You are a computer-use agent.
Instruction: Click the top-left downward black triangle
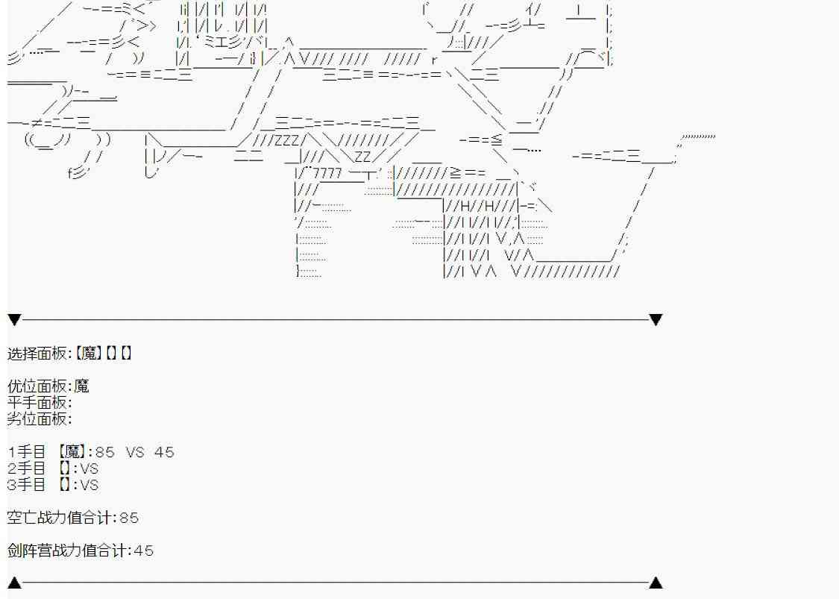(x=14, y=319)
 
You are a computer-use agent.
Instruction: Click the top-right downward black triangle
(x=656, y=319)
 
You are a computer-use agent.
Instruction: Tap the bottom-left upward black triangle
(x=14, y=583)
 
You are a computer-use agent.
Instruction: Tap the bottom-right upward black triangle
(x=656, y=583)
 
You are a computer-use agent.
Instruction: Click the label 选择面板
(x=37, y=354)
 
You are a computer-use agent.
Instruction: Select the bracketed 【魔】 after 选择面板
(x=88, y=354)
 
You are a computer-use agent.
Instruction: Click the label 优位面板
(x=37, y=386)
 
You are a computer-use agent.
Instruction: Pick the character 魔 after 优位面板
(x=81, y=386)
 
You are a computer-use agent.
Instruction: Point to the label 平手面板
(x=37, y=402)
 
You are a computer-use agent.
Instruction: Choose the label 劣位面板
(x=37, y=418)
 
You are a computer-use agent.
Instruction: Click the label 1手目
(x=27, y=452)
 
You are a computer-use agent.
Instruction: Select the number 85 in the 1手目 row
(x=105, y=452)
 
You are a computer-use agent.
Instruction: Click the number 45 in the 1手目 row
(x=164, y=452)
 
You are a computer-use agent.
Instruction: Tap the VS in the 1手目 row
(x=136, y=452)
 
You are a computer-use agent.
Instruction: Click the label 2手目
(x=27, y=468)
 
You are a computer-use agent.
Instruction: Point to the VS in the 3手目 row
(x=89, y=485)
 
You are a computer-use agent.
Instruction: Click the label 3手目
(x=27, y=485)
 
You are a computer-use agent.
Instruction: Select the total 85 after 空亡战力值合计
(x=129, y=518)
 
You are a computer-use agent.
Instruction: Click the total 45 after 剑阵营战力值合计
(x=143, y=551)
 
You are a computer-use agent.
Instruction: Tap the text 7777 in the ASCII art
(x=327, y=173)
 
